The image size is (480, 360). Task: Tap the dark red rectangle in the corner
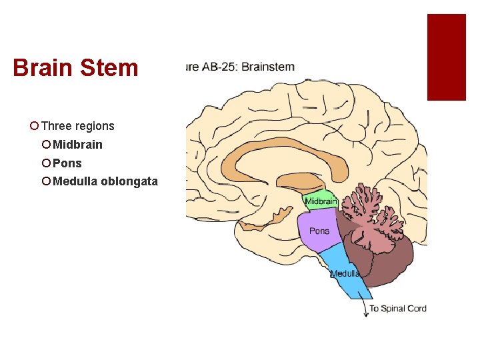446,57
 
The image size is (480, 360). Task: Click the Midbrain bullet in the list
77,145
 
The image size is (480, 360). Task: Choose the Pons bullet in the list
67,163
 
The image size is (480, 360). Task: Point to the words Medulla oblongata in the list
105,181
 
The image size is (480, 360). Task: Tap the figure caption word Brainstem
269,67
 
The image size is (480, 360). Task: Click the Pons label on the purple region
319,231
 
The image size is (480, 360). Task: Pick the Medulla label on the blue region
345,273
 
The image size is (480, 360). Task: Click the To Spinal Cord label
398,308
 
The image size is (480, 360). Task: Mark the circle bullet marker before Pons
46,163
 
